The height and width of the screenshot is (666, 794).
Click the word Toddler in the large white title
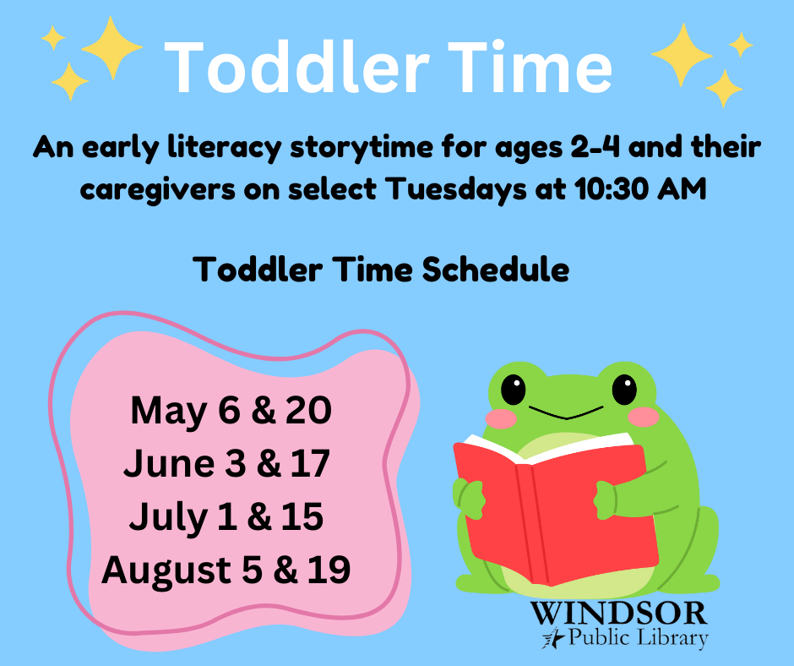pyautogui.click(x=296, y=67)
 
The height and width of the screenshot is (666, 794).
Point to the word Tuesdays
pyautogui.click(x=455, y=190)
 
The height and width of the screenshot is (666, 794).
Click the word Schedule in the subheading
pyautogui.click(x=495, y=269)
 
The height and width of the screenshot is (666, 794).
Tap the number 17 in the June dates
pyautogui.click(x=310, y=463)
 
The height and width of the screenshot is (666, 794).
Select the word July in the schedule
pyautogui.click(x=168, y=518)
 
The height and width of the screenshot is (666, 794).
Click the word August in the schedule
pyautogui.click(x=166, y=571)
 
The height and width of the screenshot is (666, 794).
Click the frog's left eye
pyautogui.click(x=514, y=390)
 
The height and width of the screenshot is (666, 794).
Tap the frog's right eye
pyautogui.click(x=624, y=390)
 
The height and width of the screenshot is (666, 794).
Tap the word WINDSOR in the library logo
pyautogui.click(x=619, y=614)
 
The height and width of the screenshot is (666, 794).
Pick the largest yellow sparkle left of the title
pyautogui.click(x=111, y=47)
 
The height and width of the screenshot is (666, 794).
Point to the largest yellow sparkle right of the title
pyautogui.click(x=683, y=55)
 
